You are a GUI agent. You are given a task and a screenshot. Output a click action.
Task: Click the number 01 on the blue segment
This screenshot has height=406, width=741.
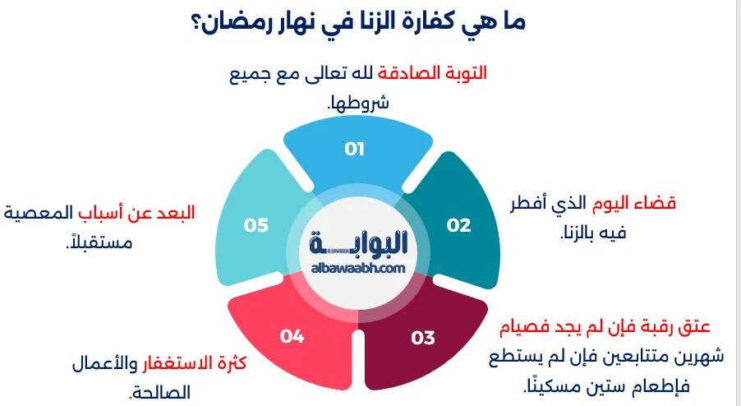pos(355,149)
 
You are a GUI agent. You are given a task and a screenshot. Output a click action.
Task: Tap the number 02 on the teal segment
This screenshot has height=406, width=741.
pos(458,224)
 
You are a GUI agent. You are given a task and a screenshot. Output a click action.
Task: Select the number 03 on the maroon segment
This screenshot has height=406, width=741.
pos(422,337)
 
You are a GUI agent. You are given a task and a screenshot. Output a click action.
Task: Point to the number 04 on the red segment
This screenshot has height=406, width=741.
pos(292,335)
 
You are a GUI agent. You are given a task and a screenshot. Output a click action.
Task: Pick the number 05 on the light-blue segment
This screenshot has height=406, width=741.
pos(257,224)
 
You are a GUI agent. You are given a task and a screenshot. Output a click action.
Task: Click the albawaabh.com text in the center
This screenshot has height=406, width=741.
pos(359,267)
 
